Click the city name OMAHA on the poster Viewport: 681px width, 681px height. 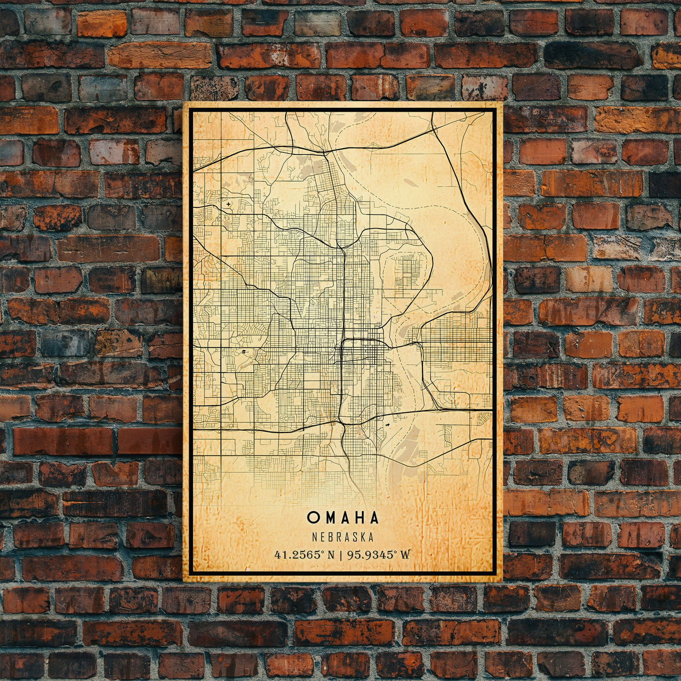pyautogui.click(x=343, y=517)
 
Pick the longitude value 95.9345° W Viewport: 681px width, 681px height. pyautogui.click(x=379, y=555)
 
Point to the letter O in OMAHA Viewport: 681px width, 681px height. pyautogui.click(x=312, y=517)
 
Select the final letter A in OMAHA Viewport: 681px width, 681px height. pyautogui.click(x=374, y=517)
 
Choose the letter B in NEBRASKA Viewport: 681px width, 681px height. pyautogui.click(x=329, y=537)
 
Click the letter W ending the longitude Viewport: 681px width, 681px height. pyautogui.click(x=405, y=555)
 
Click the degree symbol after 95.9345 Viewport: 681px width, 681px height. pyautogui.click(x=396, y=552)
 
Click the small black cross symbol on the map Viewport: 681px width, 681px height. pyautogui.click(x=229, y=204)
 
